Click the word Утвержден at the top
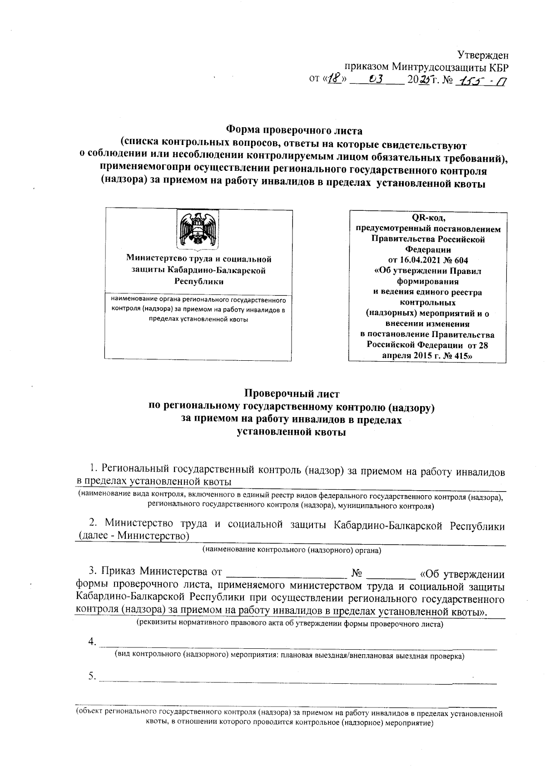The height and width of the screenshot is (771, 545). click(x=482, y=55)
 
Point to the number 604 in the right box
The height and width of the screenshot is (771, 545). click(x=460, y=261)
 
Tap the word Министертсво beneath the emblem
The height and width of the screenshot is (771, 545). click(x=154, y=259)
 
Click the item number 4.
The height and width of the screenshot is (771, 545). click(x=92, y=642)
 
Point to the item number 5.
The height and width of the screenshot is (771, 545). click(x=92, y=677)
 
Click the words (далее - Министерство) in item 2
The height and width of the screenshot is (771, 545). click(x=134, y=537)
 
